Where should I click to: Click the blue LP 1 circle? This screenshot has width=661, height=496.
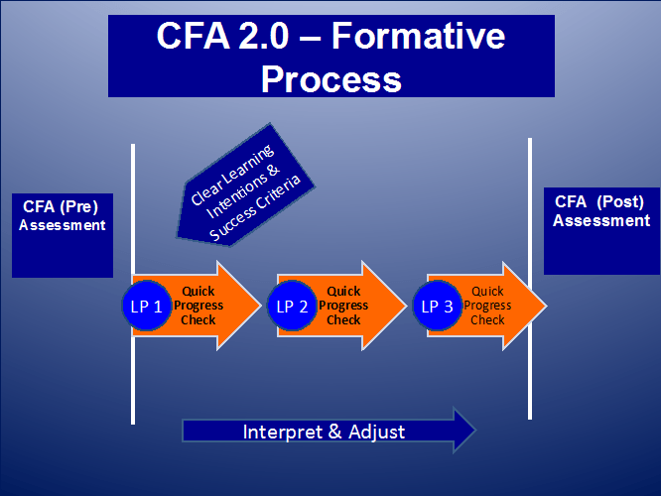pos(146,306)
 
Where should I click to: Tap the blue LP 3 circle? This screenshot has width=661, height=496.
pos(437,306)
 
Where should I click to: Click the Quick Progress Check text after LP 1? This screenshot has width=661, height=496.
pos(201,306)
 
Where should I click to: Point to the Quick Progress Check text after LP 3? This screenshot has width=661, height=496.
pos(487,306)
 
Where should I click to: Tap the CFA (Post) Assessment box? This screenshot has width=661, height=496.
pos(601,231)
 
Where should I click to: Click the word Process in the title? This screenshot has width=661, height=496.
pos(331,77)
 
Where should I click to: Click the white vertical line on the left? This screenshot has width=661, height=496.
pos(132,198)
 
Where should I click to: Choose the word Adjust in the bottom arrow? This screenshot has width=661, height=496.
pos(376,432)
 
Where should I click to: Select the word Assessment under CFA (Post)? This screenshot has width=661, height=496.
pos(601,220)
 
